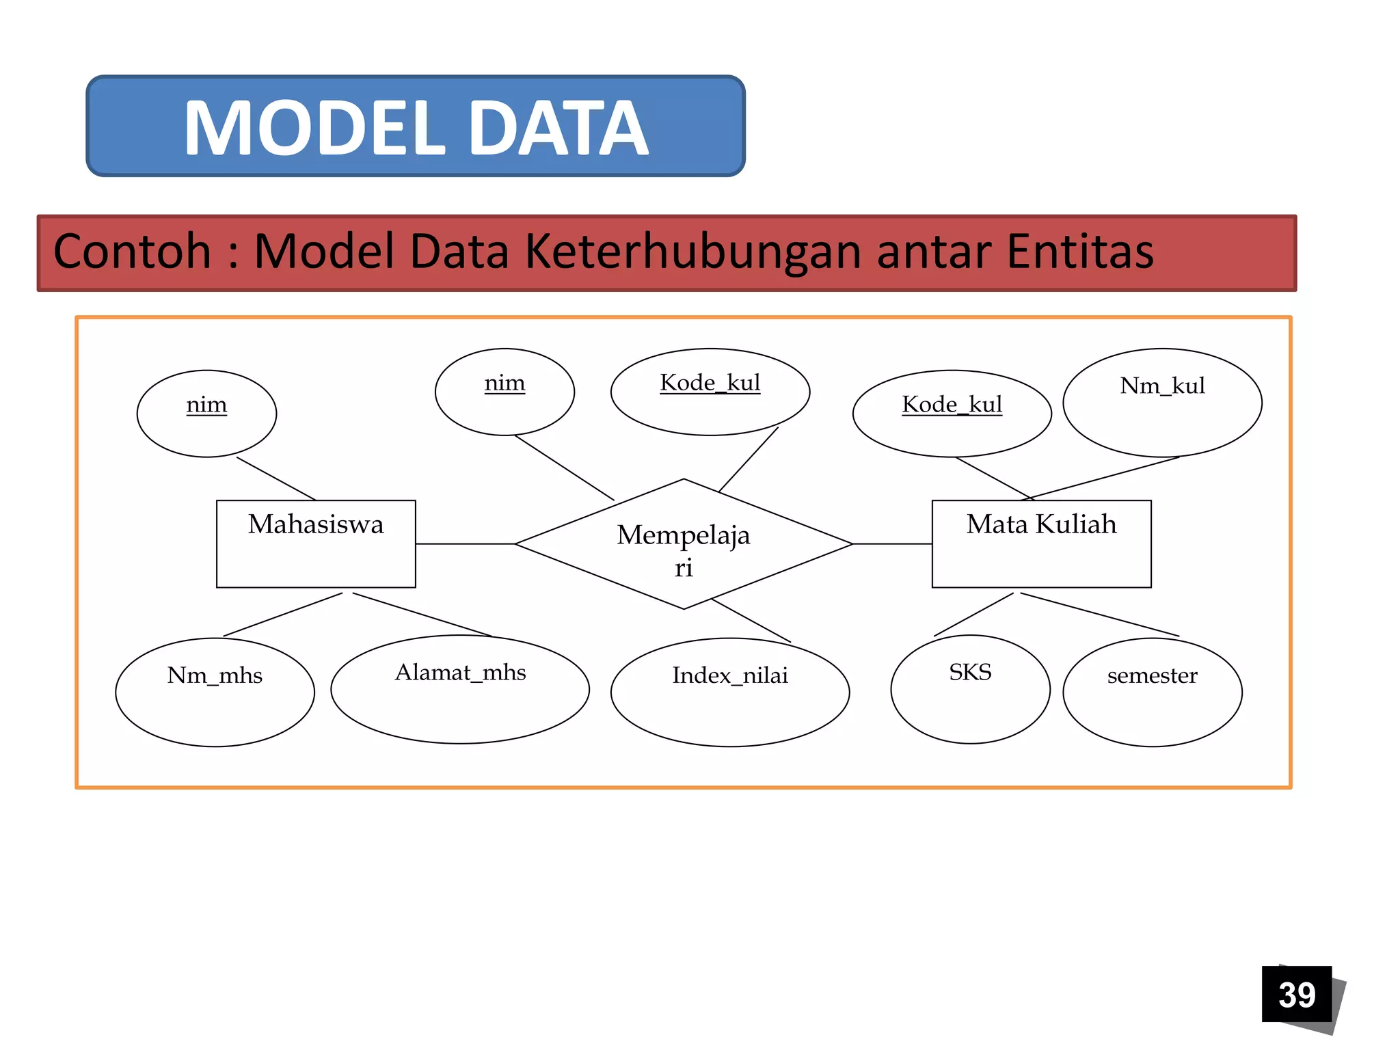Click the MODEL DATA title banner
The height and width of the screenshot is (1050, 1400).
[x=415, y=126]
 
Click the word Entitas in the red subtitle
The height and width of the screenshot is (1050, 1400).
[x=1080, y=252]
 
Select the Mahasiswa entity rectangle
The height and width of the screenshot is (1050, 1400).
[x=316, y=543]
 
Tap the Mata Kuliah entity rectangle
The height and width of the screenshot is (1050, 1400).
[x=1041, y=543]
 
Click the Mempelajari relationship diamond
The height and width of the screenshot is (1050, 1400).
[x=684, y=543]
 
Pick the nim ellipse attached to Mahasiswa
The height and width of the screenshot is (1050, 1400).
[x=206, y=414]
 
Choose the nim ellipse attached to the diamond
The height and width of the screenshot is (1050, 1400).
[x=504, y=392]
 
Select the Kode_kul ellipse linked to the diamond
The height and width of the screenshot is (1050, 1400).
[x=710, y=392]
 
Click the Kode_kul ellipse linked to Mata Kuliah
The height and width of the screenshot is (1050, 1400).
[x=952, y=414]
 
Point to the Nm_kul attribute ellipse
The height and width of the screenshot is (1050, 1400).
[x=1162, y=403]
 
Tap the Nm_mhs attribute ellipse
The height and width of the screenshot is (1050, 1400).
[x=215, y=692]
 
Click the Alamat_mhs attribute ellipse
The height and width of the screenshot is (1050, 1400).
[x=460, y=689]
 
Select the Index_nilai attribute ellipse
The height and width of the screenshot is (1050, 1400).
[x=730, y=692]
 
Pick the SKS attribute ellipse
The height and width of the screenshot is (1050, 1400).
[x=970, y=689]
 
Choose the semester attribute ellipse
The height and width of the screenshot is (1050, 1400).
[x=1153, y=692]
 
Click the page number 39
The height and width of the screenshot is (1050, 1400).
[x=1297, y=994]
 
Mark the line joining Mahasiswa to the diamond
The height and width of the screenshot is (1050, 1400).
[x=465, y=544]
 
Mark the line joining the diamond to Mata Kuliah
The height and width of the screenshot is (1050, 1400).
[x=892, y=544]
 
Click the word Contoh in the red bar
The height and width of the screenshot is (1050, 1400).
[x=132, y=252]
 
